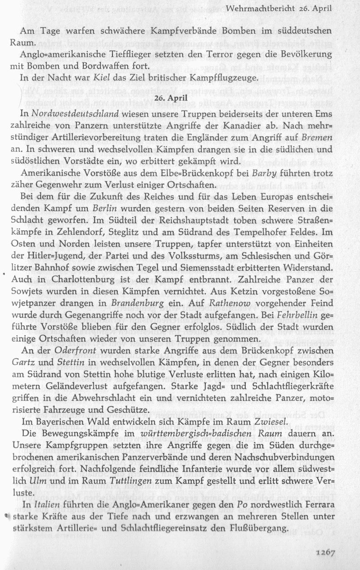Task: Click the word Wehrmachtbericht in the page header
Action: click(x=257, y=9)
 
